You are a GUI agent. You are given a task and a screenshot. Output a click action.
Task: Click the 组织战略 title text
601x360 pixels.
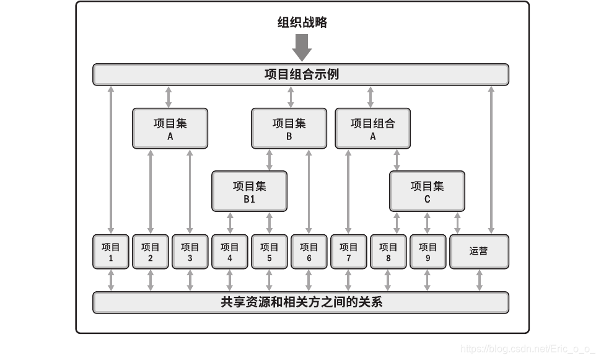tap(302, 23)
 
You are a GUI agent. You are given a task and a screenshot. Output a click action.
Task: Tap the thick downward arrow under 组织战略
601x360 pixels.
tap(302, 47)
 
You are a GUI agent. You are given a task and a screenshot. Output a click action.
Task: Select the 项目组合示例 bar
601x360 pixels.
tap(300, 74)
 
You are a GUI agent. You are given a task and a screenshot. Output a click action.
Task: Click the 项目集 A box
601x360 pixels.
tap(170, 129)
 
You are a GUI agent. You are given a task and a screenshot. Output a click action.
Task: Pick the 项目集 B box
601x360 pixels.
tap(289, 129)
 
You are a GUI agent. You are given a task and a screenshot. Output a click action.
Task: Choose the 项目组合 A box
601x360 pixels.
tap(372, 129)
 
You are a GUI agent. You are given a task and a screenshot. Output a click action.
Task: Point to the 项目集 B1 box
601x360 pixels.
tap(249, 191)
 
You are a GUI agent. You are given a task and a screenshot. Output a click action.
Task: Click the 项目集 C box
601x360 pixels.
tap(427, 191)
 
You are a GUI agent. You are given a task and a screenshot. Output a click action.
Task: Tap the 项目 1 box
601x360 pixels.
tap(111, 252)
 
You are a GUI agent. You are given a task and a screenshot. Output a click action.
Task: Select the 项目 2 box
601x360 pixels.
tap(151, 252)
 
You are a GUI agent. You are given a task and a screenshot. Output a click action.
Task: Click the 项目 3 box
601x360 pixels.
tap(190, 252)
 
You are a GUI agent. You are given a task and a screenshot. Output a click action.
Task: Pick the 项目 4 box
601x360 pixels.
tap(230, 252)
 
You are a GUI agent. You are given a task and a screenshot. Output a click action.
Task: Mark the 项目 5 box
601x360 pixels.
tap(270, 252)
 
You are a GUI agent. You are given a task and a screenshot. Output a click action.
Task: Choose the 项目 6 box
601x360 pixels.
tap(309, 252)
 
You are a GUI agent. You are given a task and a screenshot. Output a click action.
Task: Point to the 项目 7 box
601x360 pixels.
tap(349, 252)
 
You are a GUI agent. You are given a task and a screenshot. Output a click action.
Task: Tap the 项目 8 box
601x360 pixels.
tap(388, 252)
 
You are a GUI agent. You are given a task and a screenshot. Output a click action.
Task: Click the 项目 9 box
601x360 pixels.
tap(428, 252)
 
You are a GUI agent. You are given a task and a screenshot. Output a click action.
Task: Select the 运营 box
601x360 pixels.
tap(479, 252)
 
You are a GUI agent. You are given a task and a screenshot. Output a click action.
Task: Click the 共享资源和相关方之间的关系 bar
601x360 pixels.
tap(300, 302)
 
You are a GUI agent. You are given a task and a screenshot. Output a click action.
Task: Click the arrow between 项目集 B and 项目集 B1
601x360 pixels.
tap(270, 160)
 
